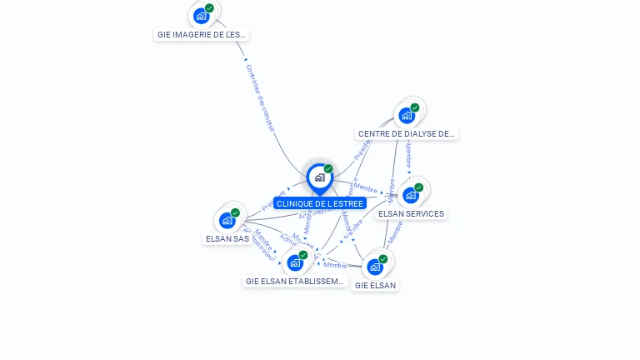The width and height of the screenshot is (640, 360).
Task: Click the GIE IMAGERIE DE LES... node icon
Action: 201,16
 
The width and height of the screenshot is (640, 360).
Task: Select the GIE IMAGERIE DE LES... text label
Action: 202,35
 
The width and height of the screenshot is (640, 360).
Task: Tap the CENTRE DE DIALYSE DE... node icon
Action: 407,116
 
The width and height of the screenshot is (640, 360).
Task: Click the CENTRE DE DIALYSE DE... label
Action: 407,133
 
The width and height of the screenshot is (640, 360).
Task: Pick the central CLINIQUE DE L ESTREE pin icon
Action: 319,177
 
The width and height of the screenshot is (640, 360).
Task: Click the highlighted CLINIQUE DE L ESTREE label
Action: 320,203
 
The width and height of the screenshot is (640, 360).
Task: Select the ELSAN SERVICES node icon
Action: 410,196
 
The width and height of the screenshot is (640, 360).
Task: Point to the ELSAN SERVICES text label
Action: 411,213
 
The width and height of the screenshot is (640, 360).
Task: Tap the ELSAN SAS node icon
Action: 227,221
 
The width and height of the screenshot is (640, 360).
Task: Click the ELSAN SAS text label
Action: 227,238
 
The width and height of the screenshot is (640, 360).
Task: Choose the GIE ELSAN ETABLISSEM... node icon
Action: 295,263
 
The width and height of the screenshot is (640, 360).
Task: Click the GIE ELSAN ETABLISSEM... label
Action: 295,282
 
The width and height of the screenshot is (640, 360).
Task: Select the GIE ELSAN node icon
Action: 375,267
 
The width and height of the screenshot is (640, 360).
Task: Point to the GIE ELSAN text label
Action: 375,285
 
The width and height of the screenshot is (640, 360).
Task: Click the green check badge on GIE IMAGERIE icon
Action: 209,8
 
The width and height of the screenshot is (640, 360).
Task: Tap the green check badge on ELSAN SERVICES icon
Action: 418,187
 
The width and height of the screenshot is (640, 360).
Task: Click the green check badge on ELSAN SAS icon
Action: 235,212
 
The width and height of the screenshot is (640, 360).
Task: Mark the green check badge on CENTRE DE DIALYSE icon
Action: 415,107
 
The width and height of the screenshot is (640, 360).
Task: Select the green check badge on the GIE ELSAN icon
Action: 383,259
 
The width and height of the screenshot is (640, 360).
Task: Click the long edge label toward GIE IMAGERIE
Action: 260,97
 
